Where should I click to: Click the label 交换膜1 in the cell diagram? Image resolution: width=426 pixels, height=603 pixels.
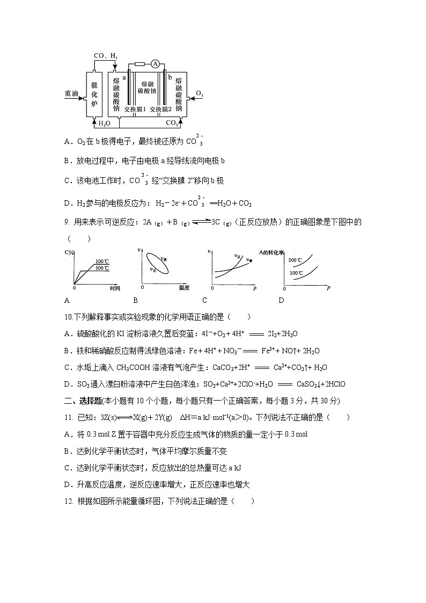pos(135,109)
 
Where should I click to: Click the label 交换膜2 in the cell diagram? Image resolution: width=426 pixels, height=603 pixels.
pos(160,109)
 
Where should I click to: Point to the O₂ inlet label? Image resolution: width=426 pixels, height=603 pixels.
pos(199,93)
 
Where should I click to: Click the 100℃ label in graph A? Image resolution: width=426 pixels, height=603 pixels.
pos(102,261)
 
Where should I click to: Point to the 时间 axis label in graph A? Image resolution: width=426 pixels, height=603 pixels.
pos(114,288)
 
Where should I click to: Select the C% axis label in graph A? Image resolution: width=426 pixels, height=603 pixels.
pos(68,252)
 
